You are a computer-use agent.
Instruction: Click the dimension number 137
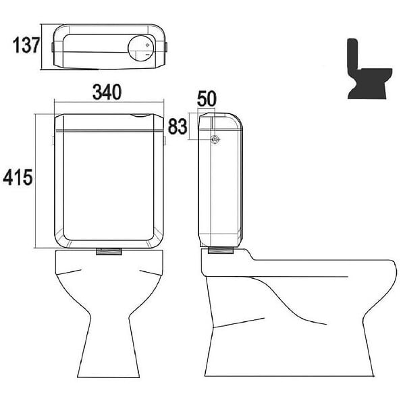(26, 45)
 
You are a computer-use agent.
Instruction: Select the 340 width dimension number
(107, 92)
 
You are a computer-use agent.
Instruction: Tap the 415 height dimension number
(18, 178)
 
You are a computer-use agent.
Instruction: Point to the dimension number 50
(207, 99)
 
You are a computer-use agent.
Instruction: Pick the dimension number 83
(178, 127)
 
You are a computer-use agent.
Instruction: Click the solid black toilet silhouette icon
(369, 69)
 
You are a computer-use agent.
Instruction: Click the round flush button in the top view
(141, 48)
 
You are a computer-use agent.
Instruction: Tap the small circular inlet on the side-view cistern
(215, 140)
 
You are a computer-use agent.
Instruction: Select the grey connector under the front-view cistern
(109, 251)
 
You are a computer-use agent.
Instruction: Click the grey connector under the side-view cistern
(221, 250)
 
